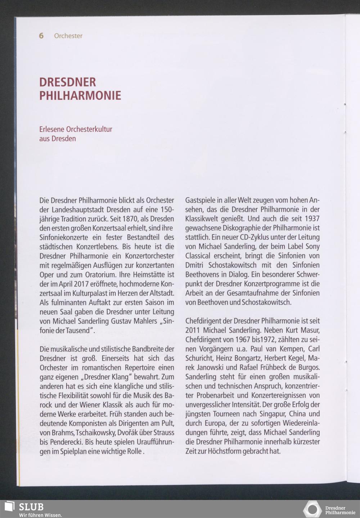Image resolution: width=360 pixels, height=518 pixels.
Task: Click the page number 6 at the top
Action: (41, 36)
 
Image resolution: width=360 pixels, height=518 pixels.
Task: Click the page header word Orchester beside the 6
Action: (68, 36)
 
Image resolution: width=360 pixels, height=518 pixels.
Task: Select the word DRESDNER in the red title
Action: (68, 82)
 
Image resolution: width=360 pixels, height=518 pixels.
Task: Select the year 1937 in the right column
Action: (312, 219)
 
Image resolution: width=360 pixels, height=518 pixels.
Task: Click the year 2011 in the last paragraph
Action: (193, 330)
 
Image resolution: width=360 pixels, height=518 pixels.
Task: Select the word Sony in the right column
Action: (312, 247)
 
